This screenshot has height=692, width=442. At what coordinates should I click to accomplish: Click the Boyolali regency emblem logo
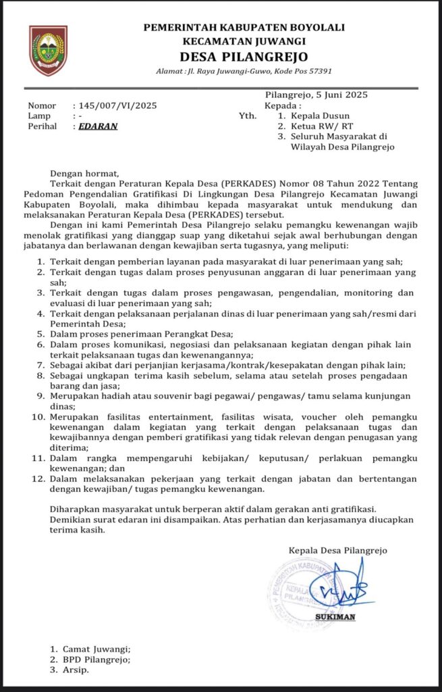click(48, 50)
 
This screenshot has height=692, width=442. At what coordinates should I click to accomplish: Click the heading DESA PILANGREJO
click(244, 56)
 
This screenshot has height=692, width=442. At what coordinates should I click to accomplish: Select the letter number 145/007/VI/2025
click(117, 105)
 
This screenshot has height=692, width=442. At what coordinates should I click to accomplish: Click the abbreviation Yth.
click(248, 116)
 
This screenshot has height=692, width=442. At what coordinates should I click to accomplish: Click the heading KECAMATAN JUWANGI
click(244, 41)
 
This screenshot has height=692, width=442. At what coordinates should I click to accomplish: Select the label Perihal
click(43, 126)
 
